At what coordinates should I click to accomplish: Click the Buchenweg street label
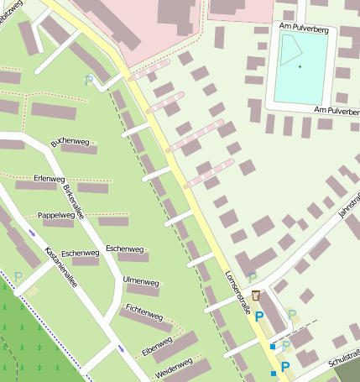(70, 144)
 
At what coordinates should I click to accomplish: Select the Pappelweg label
(56, 215)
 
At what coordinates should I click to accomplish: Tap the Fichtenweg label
(143, 312)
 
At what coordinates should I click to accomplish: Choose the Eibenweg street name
(157, 345)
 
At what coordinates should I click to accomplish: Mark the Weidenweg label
(174, 367)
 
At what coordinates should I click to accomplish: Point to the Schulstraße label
(345, 359)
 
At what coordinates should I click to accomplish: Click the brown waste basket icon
(255, 295)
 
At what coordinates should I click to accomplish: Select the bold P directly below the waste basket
(259, 316)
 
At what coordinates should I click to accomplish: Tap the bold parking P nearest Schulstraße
(285, 366)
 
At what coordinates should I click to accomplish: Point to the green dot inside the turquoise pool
(299, 66)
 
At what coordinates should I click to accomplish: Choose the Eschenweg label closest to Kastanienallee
(81, 253)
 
